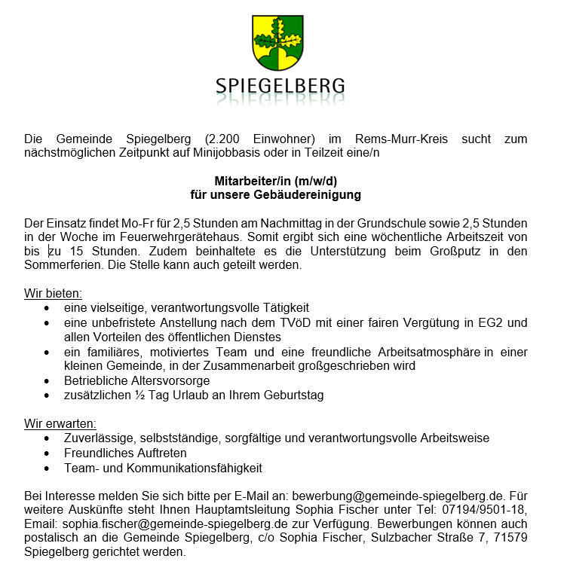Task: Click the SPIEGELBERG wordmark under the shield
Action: click(x=280, y=85)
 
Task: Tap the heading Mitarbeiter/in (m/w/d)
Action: click(x=276, y=181)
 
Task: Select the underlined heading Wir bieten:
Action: click(x=53, y=294)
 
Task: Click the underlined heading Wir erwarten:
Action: click(x=60, y=423)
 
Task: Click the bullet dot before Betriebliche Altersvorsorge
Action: click(x=49, y=381)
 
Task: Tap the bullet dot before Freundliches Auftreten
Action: click(x=49, y=453)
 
